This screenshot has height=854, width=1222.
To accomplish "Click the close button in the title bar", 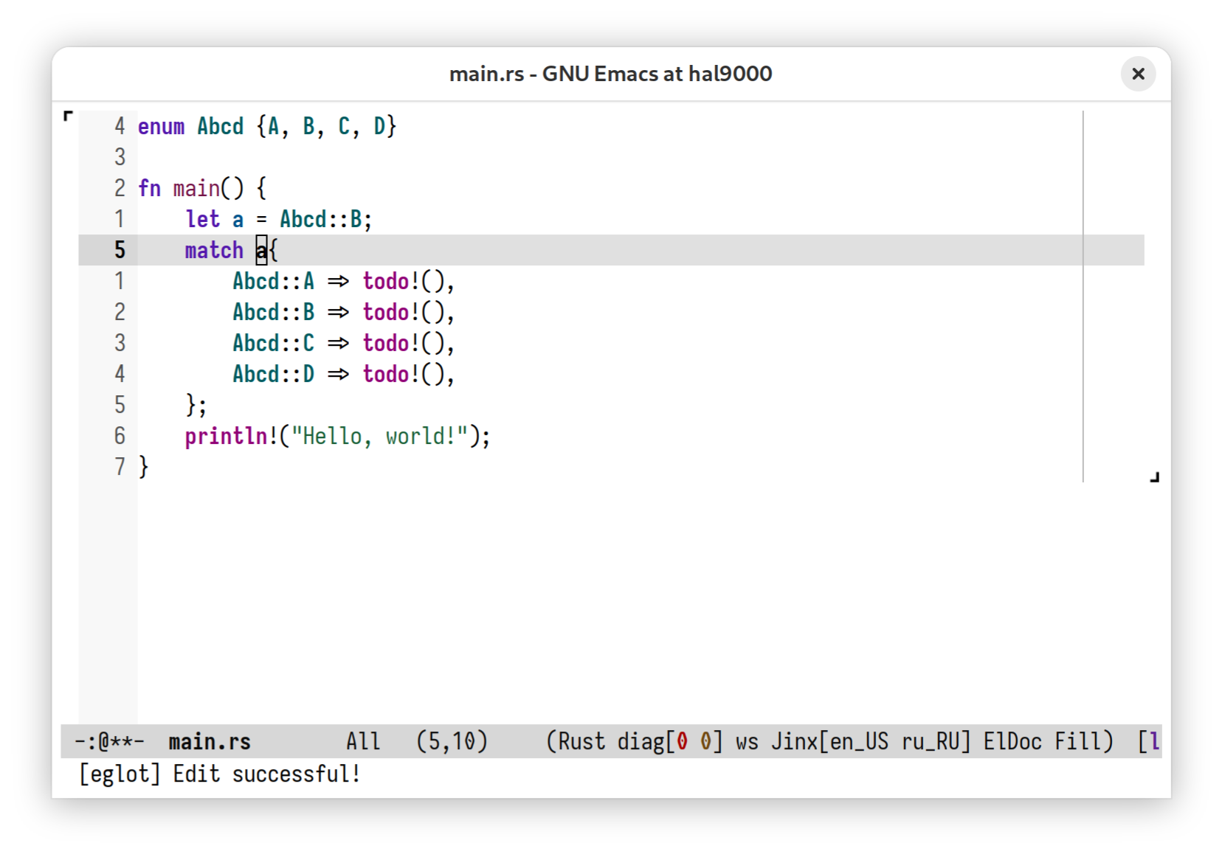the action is click(x=1137, y=74).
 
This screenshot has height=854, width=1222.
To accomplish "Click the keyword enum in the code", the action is click(x=161, y=127).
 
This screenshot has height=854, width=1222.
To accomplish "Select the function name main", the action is click(x=196, y=189).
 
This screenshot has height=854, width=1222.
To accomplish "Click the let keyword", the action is click(x=202, y=219).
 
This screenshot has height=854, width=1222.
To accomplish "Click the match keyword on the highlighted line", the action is click(x=214, y=250).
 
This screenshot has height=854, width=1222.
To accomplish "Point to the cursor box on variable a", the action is click(x=262, y=250).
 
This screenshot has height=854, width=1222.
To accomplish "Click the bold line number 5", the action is click(x=120, y=250).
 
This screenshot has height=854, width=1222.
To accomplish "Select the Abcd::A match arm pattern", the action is click(x=273, y=282).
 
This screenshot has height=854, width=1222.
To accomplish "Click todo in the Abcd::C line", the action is click(x=386, y=344).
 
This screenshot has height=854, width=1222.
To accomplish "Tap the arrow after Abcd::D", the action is click(x=338, y=375).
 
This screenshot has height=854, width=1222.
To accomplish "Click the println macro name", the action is click(x=226, y=437).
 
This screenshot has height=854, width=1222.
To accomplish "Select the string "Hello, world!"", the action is click(x=380, y=437).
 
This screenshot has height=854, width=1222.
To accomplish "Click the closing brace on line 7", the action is click(x=143, y=468).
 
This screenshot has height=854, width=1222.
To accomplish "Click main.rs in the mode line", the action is click(x=210, y=742).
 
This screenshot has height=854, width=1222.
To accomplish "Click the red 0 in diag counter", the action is click(x=682, y=742).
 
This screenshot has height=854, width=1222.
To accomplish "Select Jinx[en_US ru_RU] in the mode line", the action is click(x=871, y=742).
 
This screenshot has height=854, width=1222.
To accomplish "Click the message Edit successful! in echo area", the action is click(x=267, y=774).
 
